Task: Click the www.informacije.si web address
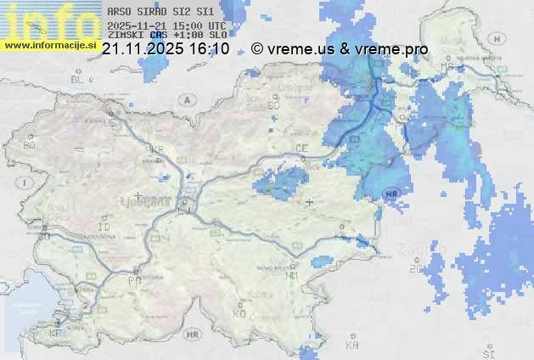49,45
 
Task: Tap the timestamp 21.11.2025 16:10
166,49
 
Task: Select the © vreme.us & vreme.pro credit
340,49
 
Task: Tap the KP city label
56,334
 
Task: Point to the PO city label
132,280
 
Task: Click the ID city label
104,228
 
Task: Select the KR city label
156,149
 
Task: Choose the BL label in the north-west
78,79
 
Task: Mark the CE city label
301,149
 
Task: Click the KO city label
239,314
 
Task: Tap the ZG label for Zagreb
415,269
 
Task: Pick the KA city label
352,346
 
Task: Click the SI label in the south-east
487,352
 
